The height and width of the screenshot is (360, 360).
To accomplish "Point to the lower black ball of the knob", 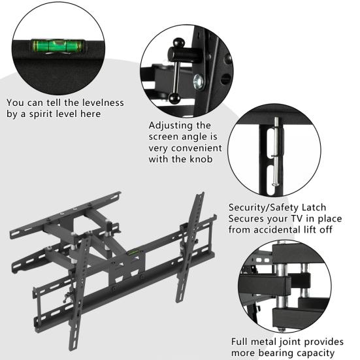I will [x=176, y=98].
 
